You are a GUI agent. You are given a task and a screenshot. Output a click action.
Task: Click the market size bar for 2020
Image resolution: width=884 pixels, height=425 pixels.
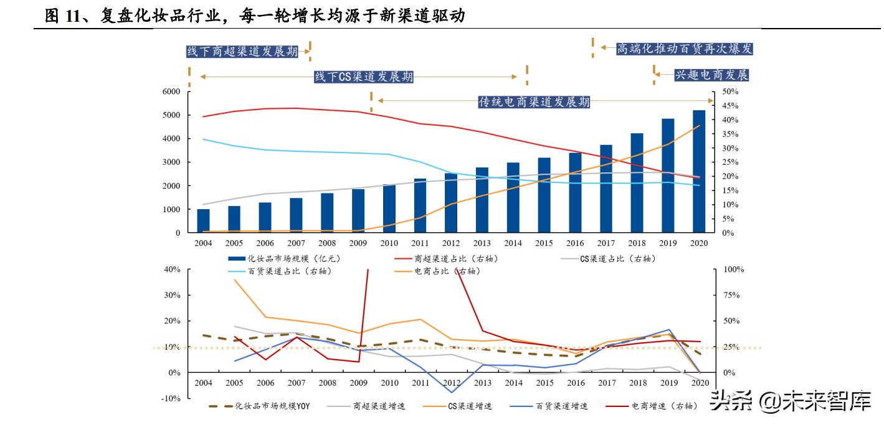pyautogui.click(x=699, y=172)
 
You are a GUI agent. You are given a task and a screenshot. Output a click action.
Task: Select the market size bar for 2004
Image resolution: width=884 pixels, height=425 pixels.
pyautogui.click(x=203, y=221)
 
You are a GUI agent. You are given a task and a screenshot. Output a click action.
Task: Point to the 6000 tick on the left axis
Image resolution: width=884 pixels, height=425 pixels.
pyautogui.click(x=171, y=91)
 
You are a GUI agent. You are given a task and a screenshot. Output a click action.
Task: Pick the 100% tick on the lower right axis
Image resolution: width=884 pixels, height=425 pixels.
pyautogui.click(x=733, y=269)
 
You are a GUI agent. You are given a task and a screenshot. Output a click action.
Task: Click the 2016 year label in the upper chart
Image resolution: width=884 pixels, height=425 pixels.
pyautogui.click(x=575, y=243)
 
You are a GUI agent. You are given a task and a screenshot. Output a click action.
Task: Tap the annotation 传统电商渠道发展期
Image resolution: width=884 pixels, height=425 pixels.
pyautogui.click(x=534, y=102)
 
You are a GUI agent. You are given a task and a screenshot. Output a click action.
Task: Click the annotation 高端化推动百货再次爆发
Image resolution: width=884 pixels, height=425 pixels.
pyautogui.click(x=684, y=49)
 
